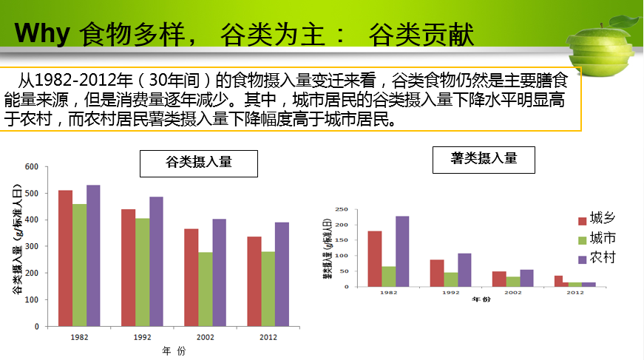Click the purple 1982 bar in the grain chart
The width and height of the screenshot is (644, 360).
[x=93, y=256]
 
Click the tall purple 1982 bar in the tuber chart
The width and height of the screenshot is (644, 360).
[x=401, y=251]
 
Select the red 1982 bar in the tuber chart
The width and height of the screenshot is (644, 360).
[x=375, y=259]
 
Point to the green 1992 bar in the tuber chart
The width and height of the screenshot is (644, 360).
[x=451, y=279]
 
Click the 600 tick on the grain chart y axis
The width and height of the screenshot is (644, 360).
[x=32, y=167]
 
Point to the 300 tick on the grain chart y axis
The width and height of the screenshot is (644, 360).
[x=32, y=247]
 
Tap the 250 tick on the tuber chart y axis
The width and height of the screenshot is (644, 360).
[x=342, y=209]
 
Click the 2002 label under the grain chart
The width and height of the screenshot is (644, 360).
[x=205, y=337]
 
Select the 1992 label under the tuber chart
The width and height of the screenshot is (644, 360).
[x=450, y=293]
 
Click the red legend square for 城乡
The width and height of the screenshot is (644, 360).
[x=581, y=220]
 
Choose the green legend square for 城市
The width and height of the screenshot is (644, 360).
[x=581, y=239]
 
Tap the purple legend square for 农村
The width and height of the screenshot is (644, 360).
[x=581, y=259]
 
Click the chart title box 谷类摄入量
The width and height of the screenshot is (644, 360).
[x=199, y=163]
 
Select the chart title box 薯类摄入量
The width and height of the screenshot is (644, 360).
[x=484, y=159]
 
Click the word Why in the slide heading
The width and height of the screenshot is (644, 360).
[x=43, y=34]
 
